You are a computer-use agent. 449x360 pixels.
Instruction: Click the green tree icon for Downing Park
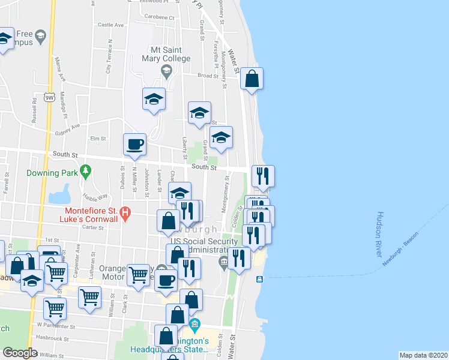click(x=86, y=172)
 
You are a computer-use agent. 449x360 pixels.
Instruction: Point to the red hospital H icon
click(x=125, y=212)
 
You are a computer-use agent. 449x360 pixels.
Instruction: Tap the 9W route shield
click(x=49, y=96)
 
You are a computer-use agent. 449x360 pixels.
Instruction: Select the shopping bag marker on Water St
click(x=252, y=79)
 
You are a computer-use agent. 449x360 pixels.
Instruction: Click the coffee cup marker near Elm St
click(x=134, y=145)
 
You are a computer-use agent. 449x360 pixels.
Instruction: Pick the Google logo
click(x=20, y=353)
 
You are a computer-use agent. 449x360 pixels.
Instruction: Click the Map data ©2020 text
click(x=423, y=355)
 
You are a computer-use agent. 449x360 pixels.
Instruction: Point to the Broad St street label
click(x=208, y=76)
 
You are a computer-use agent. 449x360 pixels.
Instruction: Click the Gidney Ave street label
click(x=67, y=127)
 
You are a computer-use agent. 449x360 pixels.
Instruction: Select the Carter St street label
click(x=93, y=227)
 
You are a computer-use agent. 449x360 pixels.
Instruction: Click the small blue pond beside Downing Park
click(x=59, y=194)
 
